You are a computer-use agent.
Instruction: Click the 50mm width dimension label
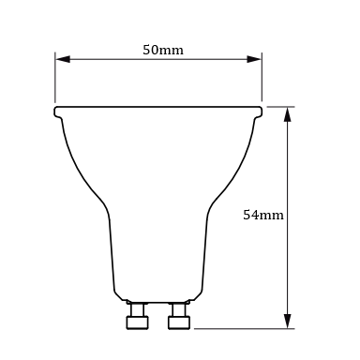pos(163,50)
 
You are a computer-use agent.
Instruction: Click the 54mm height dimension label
pos(263,215)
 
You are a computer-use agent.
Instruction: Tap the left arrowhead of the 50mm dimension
pos(63,59)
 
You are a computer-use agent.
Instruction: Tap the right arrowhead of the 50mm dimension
pos(254,59)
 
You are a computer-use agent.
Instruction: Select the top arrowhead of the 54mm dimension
pos(288,114)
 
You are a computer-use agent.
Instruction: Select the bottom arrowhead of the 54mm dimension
pos(288,321)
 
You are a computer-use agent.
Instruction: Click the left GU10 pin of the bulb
pos(138,316)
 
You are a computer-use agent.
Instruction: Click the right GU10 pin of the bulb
pos(179,316)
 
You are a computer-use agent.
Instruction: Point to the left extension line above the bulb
pos(55,78)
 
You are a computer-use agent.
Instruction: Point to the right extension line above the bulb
pos(262,77)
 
